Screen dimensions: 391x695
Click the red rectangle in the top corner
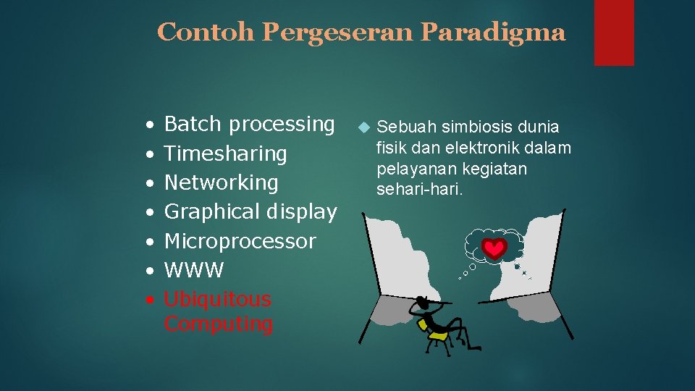614,33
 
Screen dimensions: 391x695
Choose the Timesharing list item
226,154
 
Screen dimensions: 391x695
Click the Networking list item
222,182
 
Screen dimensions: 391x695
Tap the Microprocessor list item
240,241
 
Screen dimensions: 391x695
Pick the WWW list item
194,271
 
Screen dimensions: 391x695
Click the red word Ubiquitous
218,299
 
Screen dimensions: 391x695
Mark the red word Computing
219,324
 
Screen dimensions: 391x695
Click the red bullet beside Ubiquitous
148,300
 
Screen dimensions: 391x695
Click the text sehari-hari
418,190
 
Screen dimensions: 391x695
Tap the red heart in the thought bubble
494,249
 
